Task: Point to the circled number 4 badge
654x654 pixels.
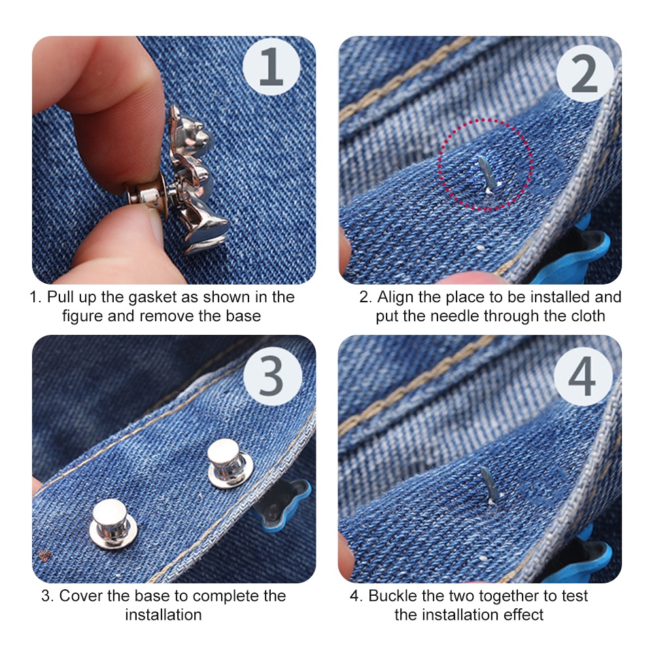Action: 583,377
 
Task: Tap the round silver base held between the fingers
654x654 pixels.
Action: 146,194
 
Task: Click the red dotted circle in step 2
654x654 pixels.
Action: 485,165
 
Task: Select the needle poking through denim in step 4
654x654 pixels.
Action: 488,484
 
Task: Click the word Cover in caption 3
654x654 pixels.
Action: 80,596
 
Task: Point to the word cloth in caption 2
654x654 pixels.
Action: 587,316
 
